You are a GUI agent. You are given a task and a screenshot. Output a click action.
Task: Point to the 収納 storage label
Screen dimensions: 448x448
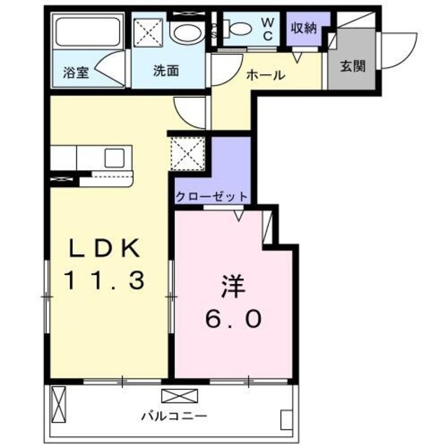[x=304, y=27]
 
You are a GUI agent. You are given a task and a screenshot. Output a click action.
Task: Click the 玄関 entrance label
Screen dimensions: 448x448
[x=351, y=67]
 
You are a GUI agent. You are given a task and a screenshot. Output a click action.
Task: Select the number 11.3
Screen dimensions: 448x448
[x=105, y=281]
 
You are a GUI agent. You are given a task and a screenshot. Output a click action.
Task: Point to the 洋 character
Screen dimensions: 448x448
[x=233, y=287]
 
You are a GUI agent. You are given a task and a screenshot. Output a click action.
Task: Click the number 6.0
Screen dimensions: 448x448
[x=233, y=319]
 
